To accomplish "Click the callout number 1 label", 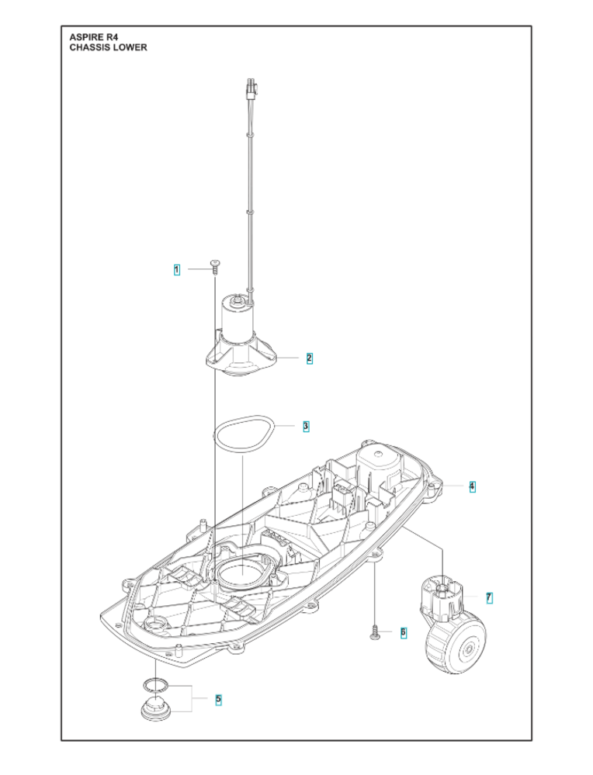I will pyautogui.click(x=177, y=270).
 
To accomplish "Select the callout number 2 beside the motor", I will pyautogui.click(x=309, y=358).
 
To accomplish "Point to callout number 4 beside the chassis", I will pyautogui.click(x=471, y=486).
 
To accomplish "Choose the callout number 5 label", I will pyautogui.click(x=218, y=699).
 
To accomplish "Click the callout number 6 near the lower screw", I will pyautogui.click(x=403, y=632).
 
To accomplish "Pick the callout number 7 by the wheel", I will pyautogui.click(x=488, y=597).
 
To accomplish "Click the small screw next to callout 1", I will pyautogui.click(x=214, y=268).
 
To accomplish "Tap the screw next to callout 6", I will pyautogui.click(x=375, y=633).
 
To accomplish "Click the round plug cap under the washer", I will pyautogui.click(x=156, y=709).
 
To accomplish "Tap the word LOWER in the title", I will pyautogui.click(x=131, y=47).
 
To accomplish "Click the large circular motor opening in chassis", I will pyautogui.click(x=241, y=575).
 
